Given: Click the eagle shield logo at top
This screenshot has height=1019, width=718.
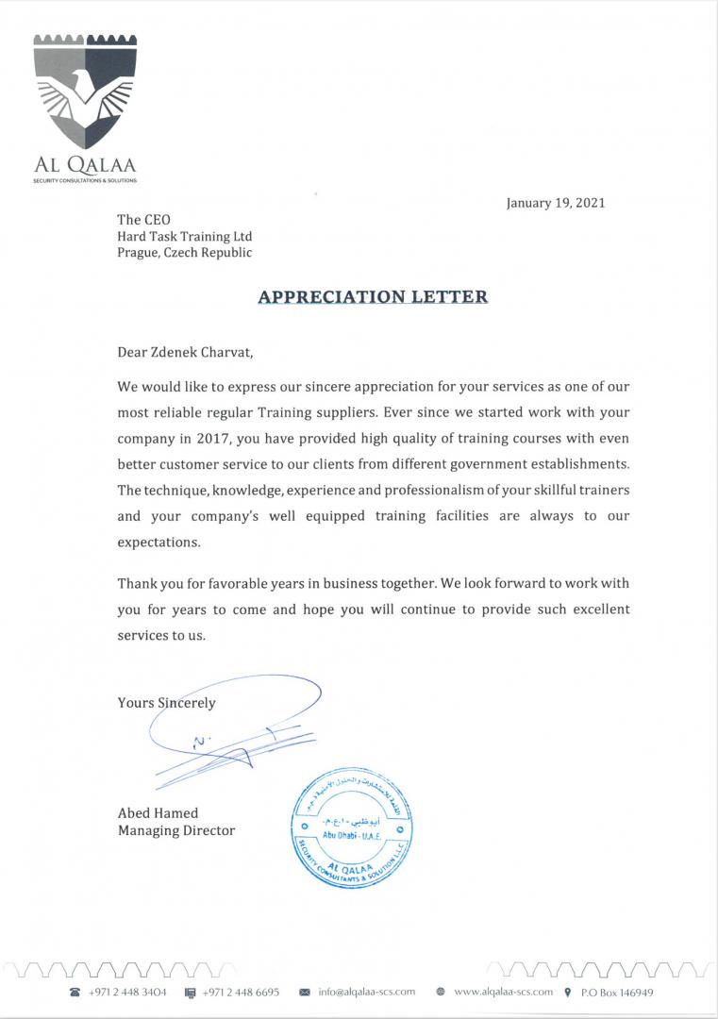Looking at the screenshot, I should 86,94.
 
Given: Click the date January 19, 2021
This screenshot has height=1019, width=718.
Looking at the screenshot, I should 556,203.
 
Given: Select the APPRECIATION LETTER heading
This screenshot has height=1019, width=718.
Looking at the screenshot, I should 374,296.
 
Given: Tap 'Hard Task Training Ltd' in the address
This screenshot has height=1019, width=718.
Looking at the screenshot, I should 184,236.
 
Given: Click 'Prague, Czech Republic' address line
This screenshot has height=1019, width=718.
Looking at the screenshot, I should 184,253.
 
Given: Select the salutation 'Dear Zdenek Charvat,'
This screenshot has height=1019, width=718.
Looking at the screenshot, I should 185,353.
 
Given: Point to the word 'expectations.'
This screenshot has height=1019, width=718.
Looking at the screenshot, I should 159,543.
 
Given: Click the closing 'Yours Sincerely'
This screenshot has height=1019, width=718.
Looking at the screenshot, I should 166,702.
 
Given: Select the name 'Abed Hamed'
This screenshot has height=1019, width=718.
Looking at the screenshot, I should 158,813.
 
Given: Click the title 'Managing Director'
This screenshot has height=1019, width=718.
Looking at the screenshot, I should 175,830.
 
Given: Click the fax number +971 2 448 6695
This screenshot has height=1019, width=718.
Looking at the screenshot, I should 241,993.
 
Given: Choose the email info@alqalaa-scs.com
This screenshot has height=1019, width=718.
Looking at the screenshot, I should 367,993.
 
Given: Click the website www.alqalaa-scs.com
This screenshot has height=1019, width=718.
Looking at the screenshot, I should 503,993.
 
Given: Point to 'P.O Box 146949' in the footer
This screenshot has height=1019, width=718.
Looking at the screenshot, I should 617,993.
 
